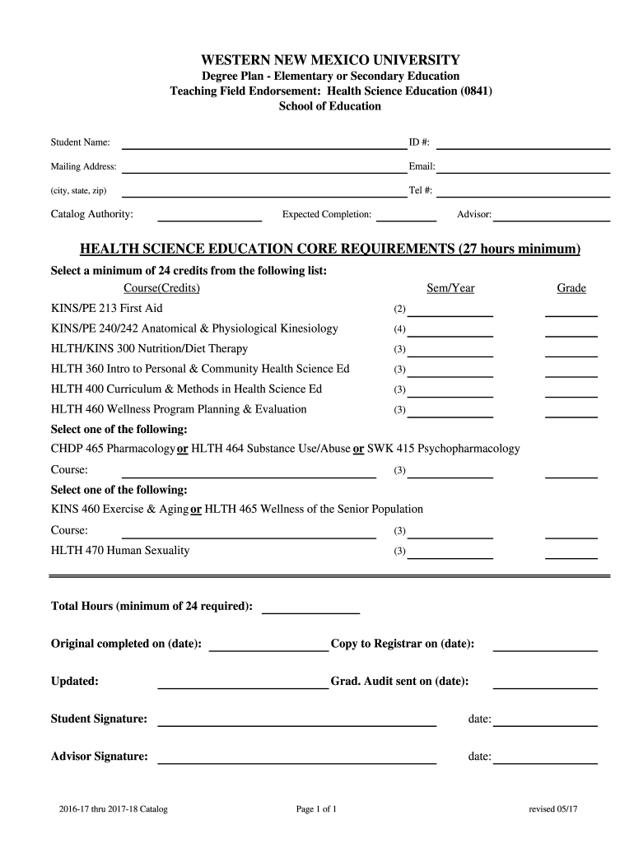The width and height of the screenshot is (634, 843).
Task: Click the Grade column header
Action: [571, 288]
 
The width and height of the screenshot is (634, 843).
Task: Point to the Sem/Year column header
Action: [450, 288]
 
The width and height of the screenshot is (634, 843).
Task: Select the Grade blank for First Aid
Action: [571, 314]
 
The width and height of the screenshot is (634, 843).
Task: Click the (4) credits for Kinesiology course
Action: [399, 329]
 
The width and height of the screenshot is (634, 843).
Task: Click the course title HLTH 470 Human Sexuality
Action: [120, 550]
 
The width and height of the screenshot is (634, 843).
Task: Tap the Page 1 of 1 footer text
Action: [316, 809]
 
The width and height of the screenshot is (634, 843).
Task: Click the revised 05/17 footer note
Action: [554, 809]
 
